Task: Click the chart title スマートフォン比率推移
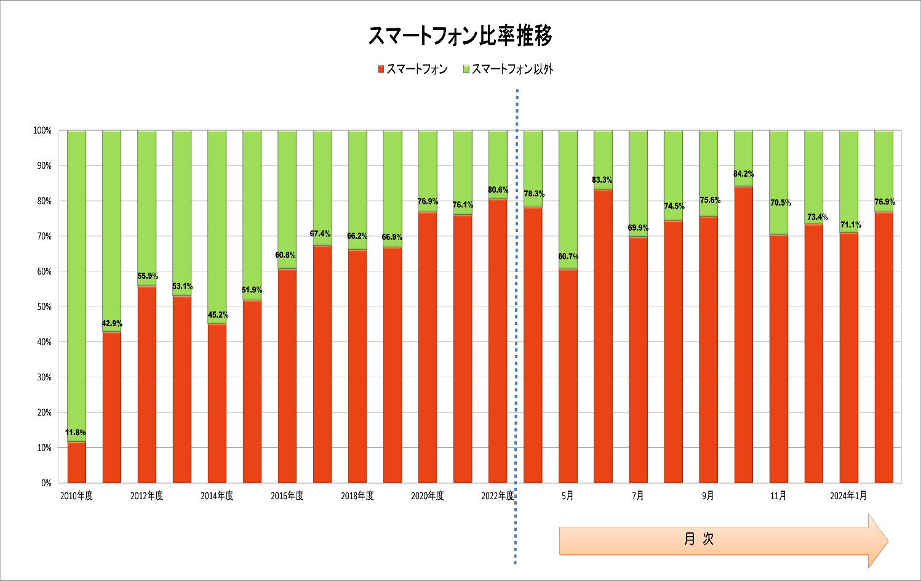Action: (x=460, y=36)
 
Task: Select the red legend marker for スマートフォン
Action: (x=381, y=69)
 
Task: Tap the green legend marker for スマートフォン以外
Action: (x=466, y=69)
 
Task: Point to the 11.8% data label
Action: (x=76, y=433)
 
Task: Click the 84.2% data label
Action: (x=743, y=174)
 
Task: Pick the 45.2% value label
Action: (x=218, y=315)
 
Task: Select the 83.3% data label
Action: (x=602, y=180)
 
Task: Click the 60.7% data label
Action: (x=568, y=257)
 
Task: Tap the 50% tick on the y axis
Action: (x=42, y=307)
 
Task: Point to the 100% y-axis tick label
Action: (x=42, y=130)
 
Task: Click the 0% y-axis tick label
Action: (x=46, y=483)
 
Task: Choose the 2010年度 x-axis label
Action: (x=76, y=496)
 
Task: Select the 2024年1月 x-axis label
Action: (x=848, y=496)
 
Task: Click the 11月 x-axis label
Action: (x=778, y=496)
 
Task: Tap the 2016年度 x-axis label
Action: (x=287, y=496)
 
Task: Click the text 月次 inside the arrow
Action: (x=699, y=539)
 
